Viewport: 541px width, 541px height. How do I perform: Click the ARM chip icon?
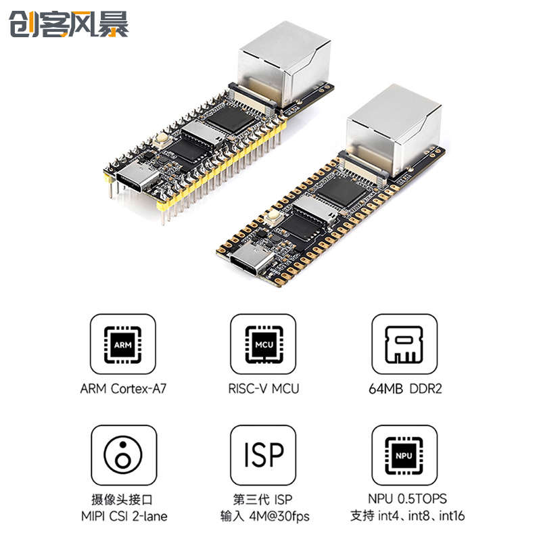tap(123, 346)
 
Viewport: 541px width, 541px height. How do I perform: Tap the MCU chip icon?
tap(263, 346)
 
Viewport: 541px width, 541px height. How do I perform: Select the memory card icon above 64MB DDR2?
tap(404, 346)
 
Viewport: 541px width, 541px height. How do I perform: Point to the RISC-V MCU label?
tap(264, 389)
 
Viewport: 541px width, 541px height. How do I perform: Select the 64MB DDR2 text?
tap(404, 389)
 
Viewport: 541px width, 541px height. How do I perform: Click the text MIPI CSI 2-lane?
tap(123, 517)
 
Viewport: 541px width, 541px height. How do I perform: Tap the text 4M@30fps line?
tap(264, 517)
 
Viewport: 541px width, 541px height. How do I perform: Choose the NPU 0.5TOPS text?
tap(404, 500)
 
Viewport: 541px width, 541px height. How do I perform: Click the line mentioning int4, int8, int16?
tap(404, 517)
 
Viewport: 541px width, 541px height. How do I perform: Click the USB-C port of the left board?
tap(137, 179)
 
